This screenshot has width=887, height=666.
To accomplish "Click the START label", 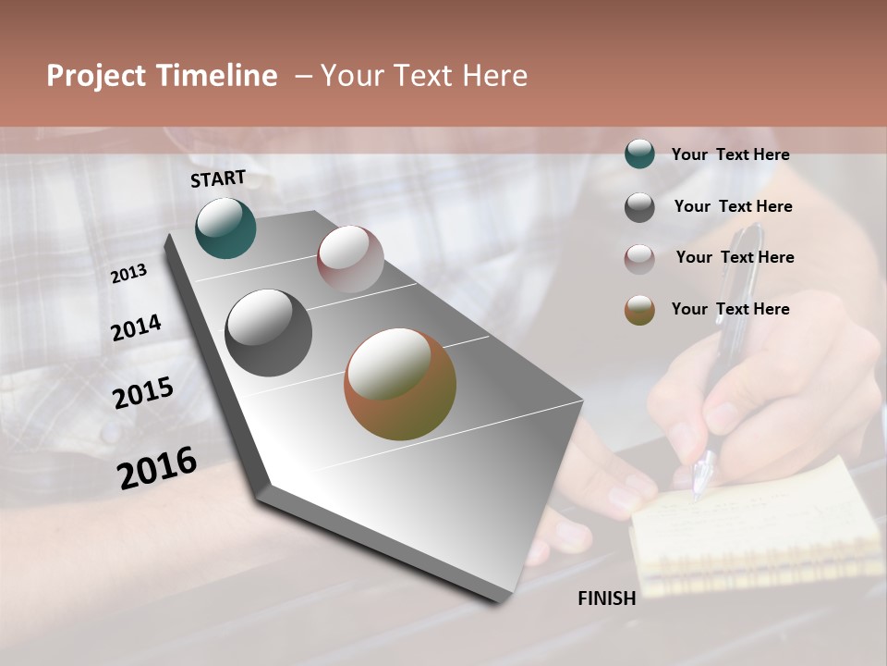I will coord(218,179).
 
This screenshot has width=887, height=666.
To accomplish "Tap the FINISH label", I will coord(606,598).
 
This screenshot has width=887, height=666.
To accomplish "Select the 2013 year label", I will coord(129,274).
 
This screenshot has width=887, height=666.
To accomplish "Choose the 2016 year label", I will coord(157,467).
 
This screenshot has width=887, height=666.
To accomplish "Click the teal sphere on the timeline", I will coord(225,228).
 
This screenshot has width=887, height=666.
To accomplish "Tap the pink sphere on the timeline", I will coord(350,259).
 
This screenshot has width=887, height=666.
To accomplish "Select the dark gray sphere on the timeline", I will coord(268,333).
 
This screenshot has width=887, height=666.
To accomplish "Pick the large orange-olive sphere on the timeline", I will coord(400,384).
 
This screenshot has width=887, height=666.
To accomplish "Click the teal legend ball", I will coord(639,154).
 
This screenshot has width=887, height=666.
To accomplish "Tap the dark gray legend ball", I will coord(639,207).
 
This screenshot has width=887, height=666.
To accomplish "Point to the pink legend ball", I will coord(639,259).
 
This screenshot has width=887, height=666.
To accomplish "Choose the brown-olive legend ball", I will coord(639,310).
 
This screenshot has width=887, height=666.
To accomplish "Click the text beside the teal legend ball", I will coord(730,154).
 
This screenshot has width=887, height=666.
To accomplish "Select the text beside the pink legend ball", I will coord(735,257).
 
